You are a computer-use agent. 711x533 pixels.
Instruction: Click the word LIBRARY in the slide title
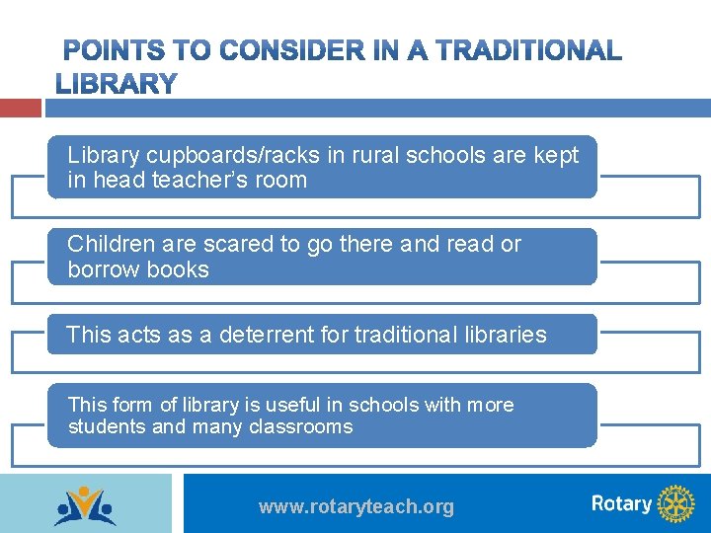117,85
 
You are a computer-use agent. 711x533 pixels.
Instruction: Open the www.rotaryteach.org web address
355,506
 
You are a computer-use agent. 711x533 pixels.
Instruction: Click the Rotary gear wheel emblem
676,503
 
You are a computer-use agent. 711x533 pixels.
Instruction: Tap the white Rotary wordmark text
621,503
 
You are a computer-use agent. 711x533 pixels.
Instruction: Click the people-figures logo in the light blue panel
85,504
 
